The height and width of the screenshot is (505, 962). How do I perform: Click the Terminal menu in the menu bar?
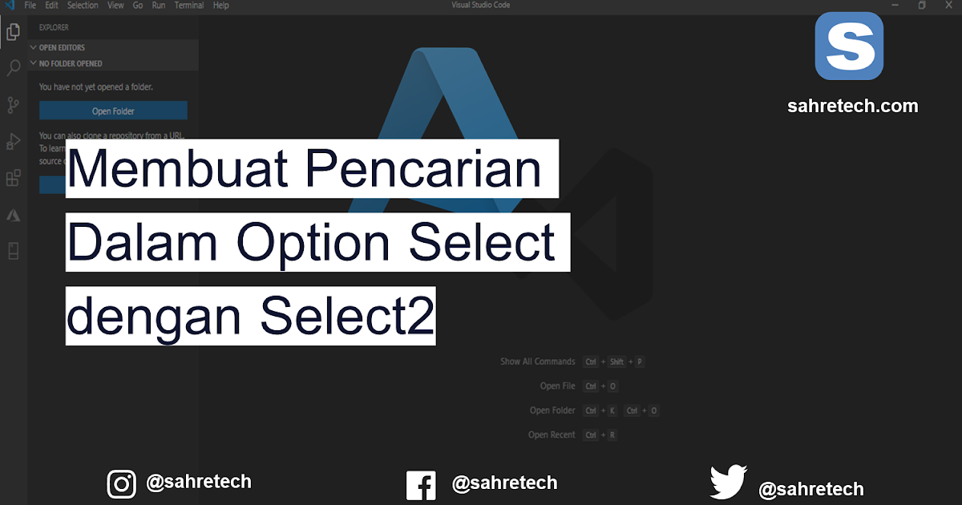click(x=189, y=6)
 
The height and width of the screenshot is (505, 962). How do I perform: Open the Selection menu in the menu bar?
click(x=83, y=6)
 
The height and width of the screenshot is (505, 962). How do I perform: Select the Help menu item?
click(x=220, y=6)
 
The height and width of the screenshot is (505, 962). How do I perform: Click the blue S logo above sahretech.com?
click(x=849, y=46)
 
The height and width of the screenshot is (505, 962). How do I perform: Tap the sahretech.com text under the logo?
click(x=852, y=106)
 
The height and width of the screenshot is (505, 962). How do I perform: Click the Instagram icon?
click(x=122, y=483)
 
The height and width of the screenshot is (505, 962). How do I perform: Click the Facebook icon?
click(x=421, y=485)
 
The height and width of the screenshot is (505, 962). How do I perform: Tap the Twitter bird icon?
click(x=728, y=483)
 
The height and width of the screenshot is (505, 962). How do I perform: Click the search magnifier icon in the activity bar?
click(x=13, y=68)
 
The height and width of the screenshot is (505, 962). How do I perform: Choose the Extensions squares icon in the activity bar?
click(x=13, y=178)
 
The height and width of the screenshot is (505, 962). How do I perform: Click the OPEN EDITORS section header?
click(x=62, y=47)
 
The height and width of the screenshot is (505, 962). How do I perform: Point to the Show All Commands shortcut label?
click(x=538, y=362)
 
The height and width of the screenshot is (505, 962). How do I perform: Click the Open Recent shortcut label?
click(x=552, y=434)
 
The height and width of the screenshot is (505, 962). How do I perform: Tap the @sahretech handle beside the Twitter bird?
click(x=810, y=489)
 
